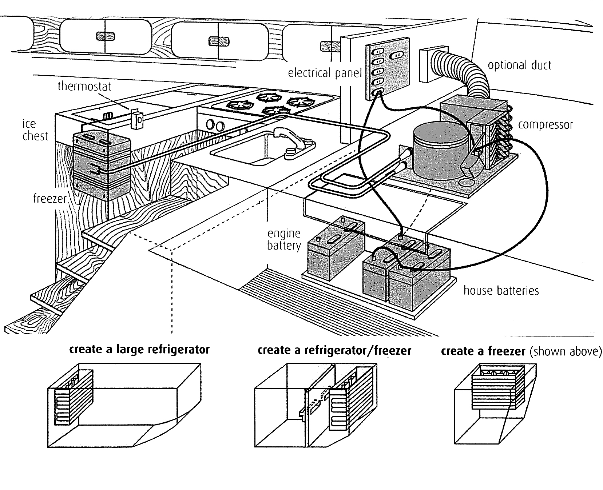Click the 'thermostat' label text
(x=84, y=87)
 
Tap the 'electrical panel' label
(x=325, y=73)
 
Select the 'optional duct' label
(x=519, y=65)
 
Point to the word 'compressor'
(x=545, y=125)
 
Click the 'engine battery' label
(x=284, y=239)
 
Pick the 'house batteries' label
(x=501, y=291)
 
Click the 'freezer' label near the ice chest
(x=50, y=199)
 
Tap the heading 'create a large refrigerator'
(x=139, y=350)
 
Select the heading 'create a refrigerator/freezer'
(x=334, y=351)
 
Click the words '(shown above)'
(x=565, y=351)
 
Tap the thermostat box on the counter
(x=137, y=119)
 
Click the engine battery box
(x=335, y=255)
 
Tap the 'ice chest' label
(x=35, y=130)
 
